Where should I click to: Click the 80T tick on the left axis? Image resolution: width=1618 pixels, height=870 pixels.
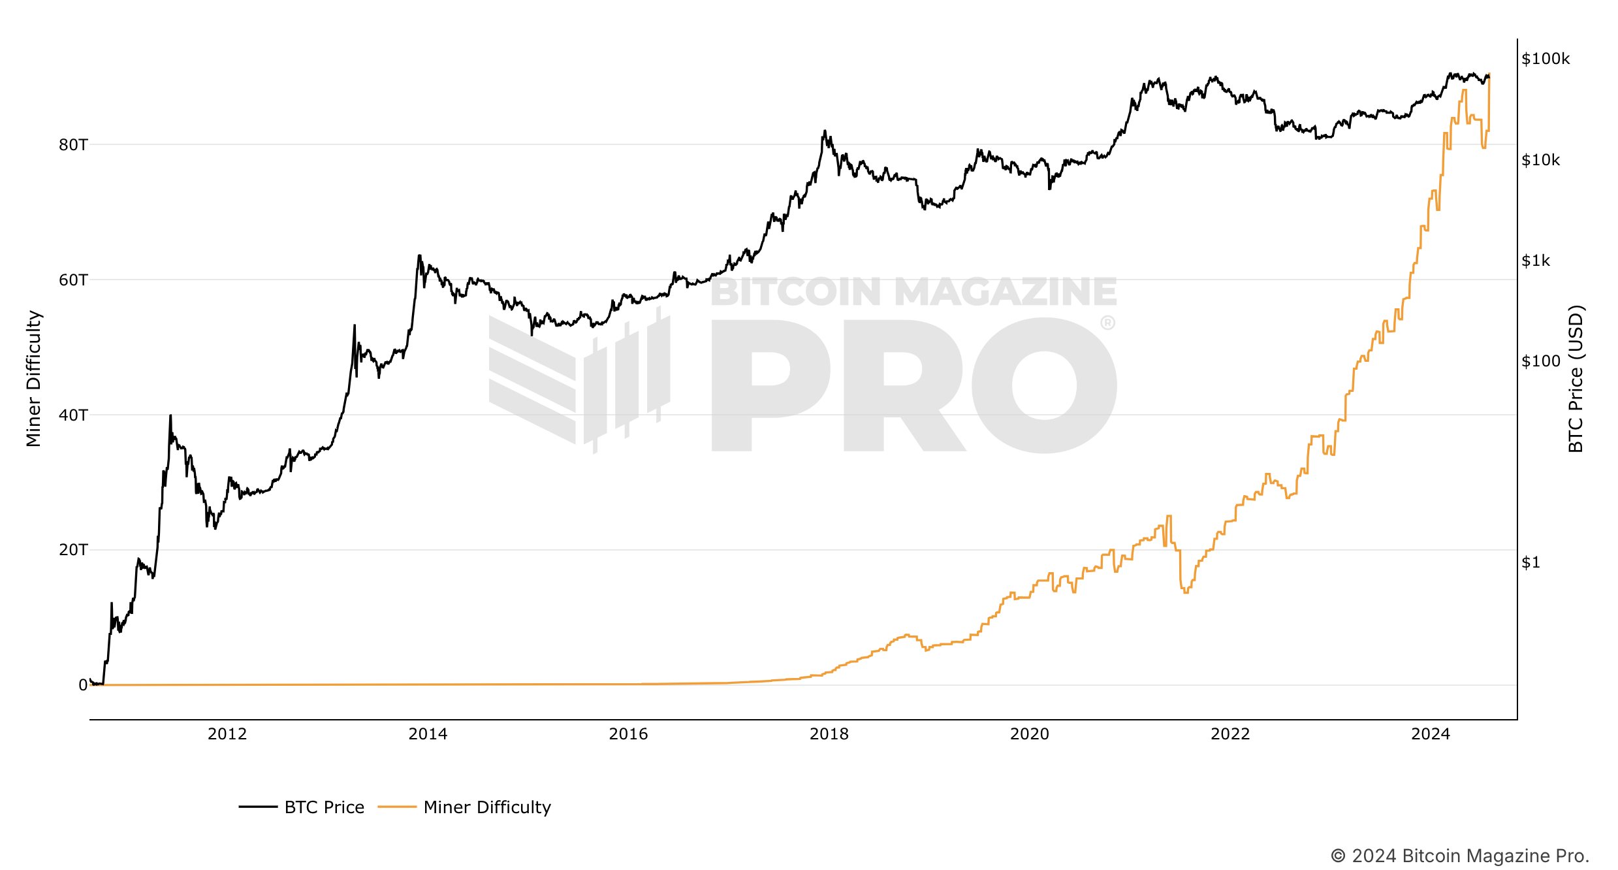pos(72,144)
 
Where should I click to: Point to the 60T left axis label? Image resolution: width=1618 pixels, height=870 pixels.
pos(72,280)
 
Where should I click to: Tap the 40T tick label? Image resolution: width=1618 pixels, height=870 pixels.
pos(72,415)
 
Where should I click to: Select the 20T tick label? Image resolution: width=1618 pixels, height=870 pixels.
pos(72,550)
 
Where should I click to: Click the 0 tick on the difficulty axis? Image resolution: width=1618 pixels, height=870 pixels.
pos(83,685)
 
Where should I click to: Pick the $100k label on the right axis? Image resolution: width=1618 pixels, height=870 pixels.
pos(1546,59)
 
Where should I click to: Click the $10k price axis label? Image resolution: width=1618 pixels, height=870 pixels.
pos(1540,160)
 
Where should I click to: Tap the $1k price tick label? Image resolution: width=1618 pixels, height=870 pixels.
pos(1536,261)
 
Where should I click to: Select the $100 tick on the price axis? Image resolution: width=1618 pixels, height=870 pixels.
pos(1540,361)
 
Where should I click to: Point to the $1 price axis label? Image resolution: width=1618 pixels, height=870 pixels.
pos(1531,562)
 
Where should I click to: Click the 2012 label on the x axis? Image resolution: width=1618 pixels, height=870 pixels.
pos(227,734)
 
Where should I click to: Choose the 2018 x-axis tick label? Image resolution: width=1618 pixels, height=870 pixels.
pos(829,734)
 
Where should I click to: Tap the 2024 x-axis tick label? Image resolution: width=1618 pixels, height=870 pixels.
pos(1431,734)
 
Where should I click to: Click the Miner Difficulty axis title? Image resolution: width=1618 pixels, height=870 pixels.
pos(33,379)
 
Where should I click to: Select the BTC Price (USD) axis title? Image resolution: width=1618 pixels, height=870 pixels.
pos(1576,379)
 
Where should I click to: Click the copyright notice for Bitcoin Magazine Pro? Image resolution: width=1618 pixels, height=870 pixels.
pos(1459,856)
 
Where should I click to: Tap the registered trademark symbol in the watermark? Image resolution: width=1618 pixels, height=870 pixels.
pos(1107,323)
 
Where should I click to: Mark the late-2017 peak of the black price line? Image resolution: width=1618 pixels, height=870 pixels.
pos(825,131)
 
